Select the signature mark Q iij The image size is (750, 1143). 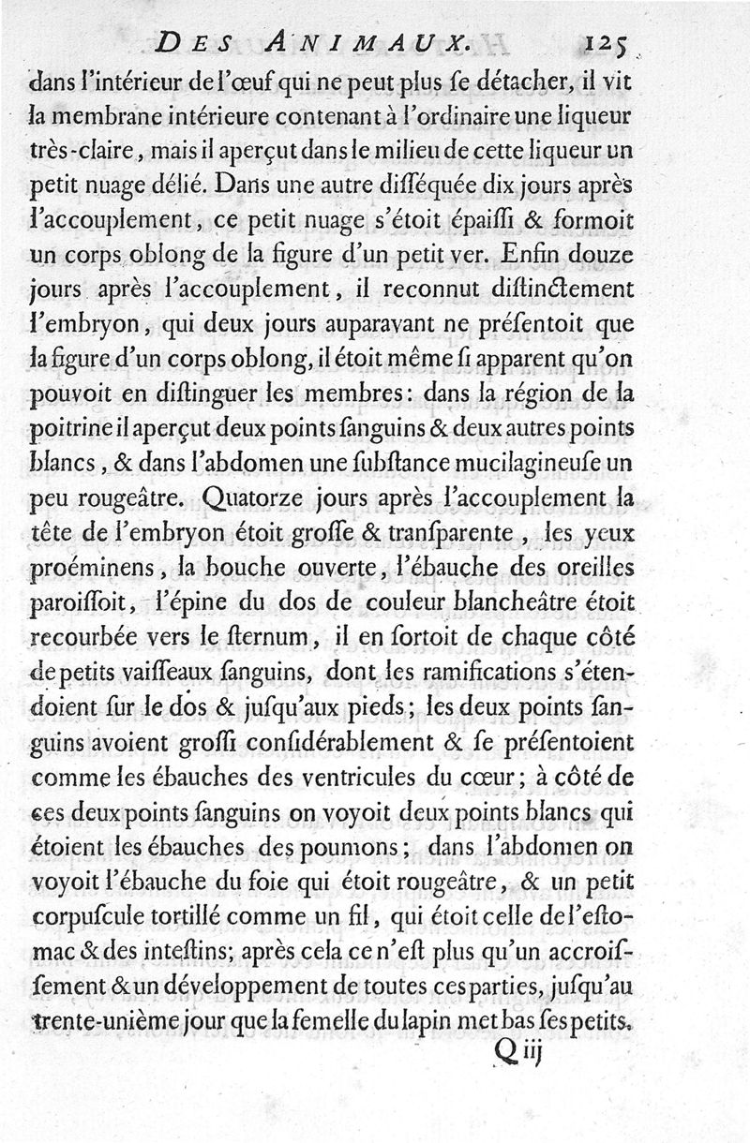click(x=519, y=1052)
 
